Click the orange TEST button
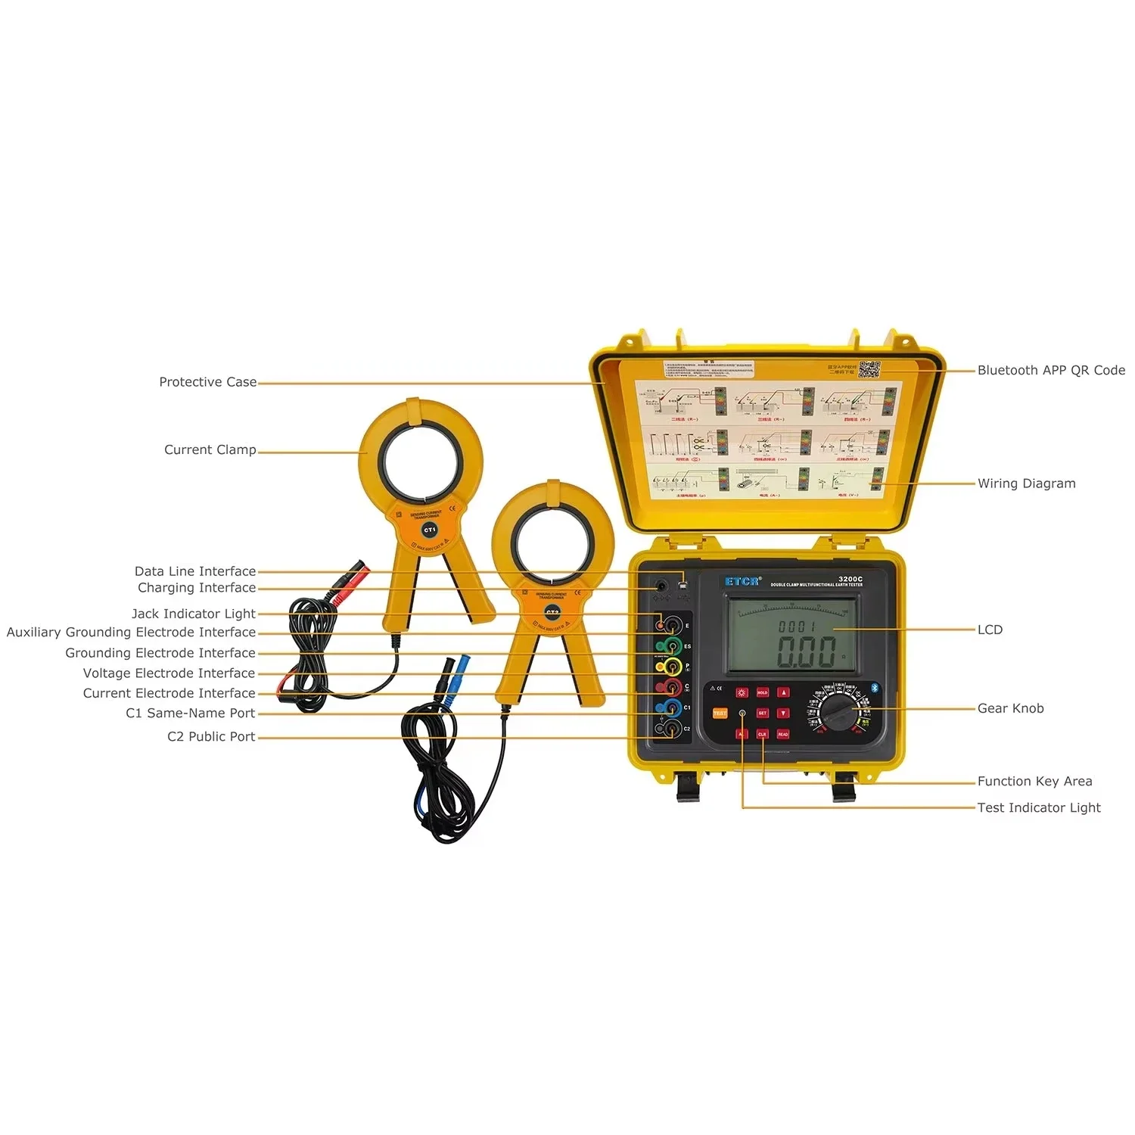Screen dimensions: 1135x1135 [720, 714]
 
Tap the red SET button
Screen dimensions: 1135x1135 [762, 713]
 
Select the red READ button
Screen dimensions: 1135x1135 [782, 734]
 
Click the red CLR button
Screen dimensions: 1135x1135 [762, 734]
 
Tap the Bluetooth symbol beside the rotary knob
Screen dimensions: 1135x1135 [875, 688]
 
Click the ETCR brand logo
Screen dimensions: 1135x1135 [742, 581]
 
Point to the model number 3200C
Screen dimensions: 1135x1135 [850, 579]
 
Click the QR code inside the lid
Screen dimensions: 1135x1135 [869, 371]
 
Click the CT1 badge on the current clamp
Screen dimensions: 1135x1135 [429, 530]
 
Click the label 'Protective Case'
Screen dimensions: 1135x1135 [207, 382]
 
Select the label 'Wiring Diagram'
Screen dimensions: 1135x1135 [1026, 484]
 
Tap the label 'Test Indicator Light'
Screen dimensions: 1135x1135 [1038, 807]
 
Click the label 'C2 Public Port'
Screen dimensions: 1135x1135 [211, 736]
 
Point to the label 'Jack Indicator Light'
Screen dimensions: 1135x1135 [193, 614]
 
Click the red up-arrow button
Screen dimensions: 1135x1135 [783, 692]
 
